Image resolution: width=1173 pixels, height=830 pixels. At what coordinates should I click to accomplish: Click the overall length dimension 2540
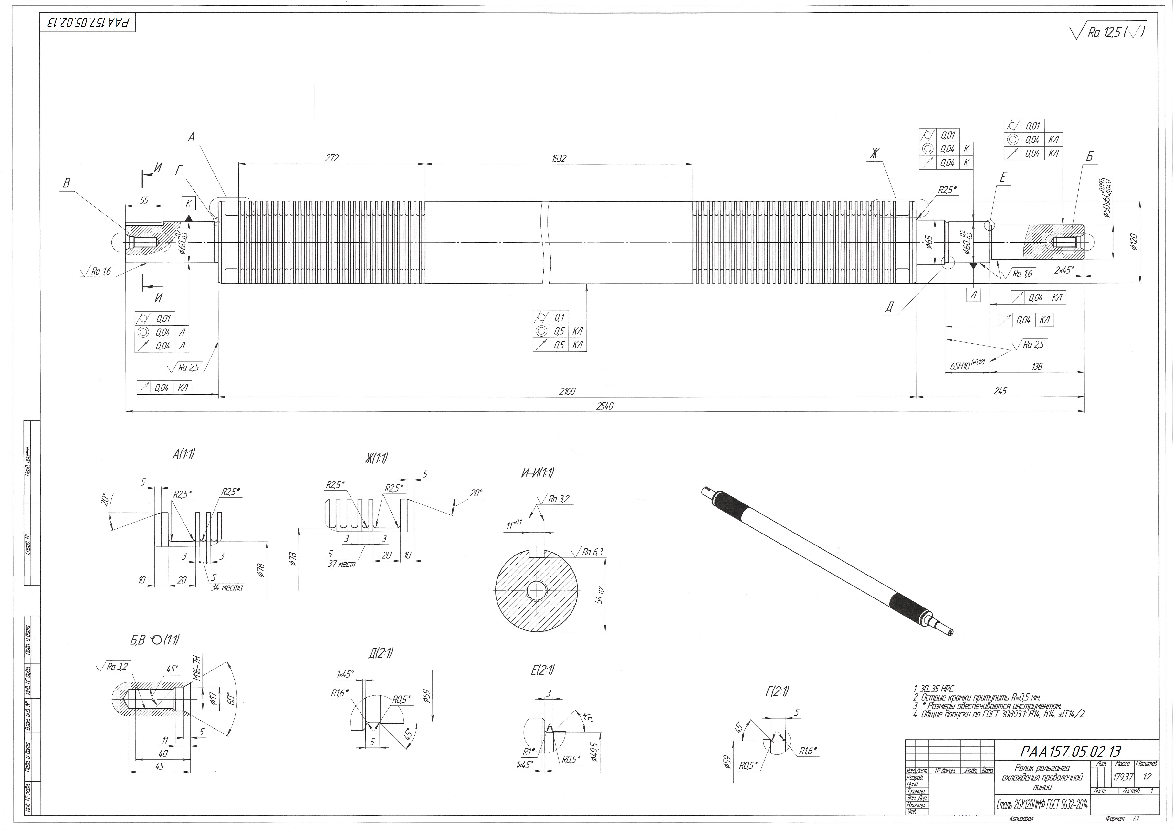(x=605, y=406)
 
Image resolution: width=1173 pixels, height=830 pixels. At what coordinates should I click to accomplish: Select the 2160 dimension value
(x=567, y=391)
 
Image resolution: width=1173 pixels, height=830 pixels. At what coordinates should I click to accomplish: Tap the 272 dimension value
(x=332, y=159)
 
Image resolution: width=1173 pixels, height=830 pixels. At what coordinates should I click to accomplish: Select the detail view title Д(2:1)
(x=380, y=653)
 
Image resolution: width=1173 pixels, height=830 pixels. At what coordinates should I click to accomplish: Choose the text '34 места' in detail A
(x=227, y=588)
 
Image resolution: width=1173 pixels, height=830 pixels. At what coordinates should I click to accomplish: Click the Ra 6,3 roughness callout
(x=593, y=552)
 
